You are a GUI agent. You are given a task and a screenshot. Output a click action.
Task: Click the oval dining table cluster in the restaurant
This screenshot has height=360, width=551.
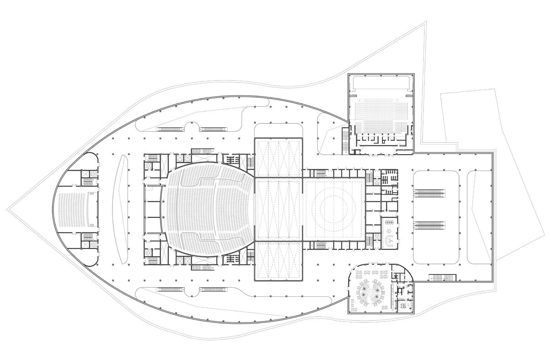point(372,294)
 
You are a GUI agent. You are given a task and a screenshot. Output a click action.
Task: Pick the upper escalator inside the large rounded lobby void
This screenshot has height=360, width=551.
point(429,192)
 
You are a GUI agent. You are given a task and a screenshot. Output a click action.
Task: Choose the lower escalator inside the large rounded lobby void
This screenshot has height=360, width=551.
point(429,225)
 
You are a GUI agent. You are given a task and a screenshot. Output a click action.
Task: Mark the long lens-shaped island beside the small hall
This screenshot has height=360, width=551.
point(123,209)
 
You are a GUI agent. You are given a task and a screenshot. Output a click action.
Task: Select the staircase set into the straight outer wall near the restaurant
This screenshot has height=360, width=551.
point(443,278)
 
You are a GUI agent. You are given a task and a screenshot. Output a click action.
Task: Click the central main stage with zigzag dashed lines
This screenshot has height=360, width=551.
point(278,209)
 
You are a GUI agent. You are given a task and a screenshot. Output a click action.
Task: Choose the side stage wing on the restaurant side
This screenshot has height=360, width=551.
point(278,261)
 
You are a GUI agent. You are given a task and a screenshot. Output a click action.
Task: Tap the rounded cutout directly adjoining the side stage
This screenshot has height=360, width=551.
point(278,130)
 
